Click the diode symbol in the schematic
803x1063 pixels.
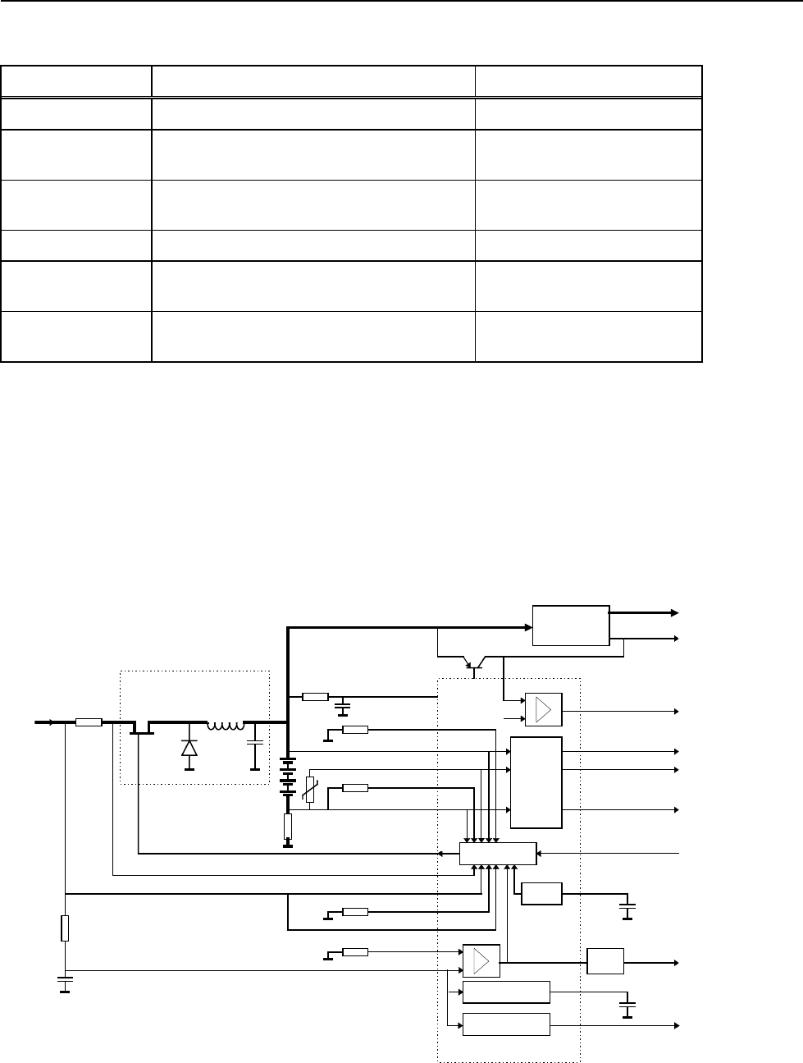pos(189,748)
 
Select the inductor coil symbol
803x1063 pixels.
pos(226,726)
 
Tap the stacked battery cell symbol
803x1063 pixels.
pos(288,776)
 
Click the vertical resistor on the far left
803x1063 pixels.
pos(65,928)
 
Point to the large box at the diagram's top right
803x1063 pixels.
pos(571,625)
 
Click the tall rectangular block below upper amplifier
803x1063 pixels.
pos(536,782)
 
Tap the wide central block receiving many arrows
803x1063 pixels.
pos(498,854)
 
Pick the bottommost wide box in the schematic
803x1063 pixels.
pos(506,1025)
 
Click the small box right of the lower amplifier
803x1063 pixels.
pos(605,960)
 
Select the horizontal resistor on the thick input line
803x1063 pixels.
pos(89,722)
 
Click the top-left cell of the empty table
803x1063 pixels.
pos(77,82)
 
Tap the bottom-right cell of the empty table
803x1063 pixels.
pos(589,337)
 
